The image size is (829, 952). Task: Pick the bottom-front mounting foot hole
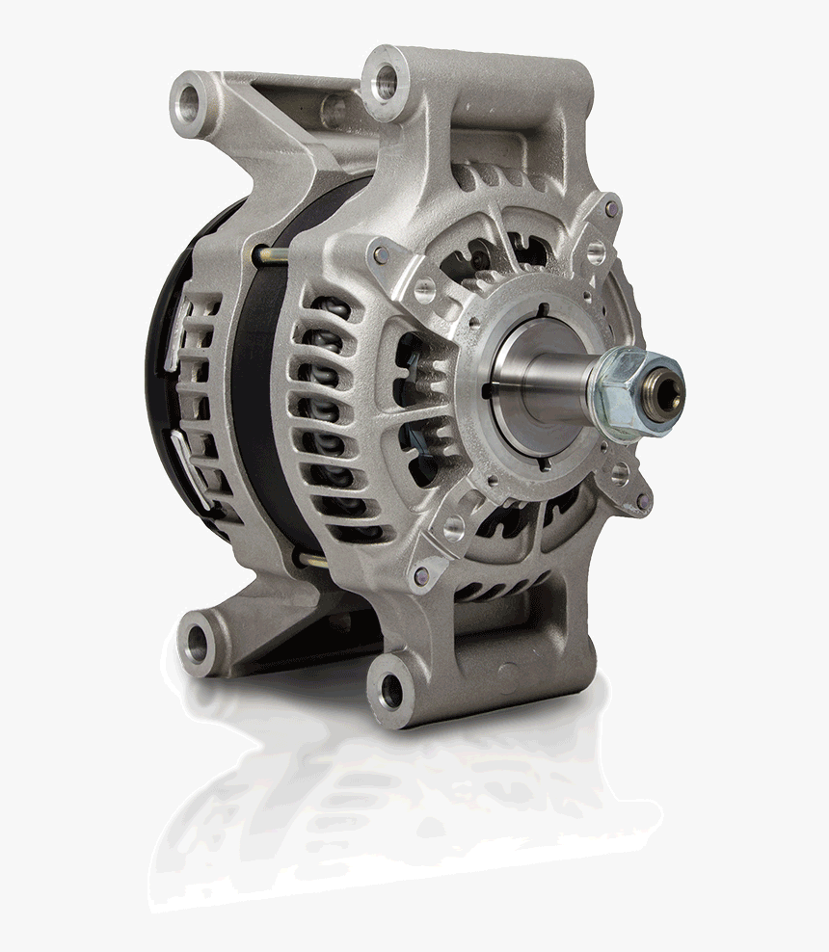click(x=390, y=686)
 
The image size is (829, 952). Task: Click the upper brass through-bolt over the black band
click(x=271, y=254)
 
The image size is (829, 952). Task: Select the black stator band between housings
click(x=255, y=405)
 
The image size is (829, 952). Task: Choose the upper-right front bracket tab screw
click(x=606, y=207)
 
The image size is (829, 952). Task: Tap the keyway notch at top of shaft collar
click(x=544, y=310)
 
